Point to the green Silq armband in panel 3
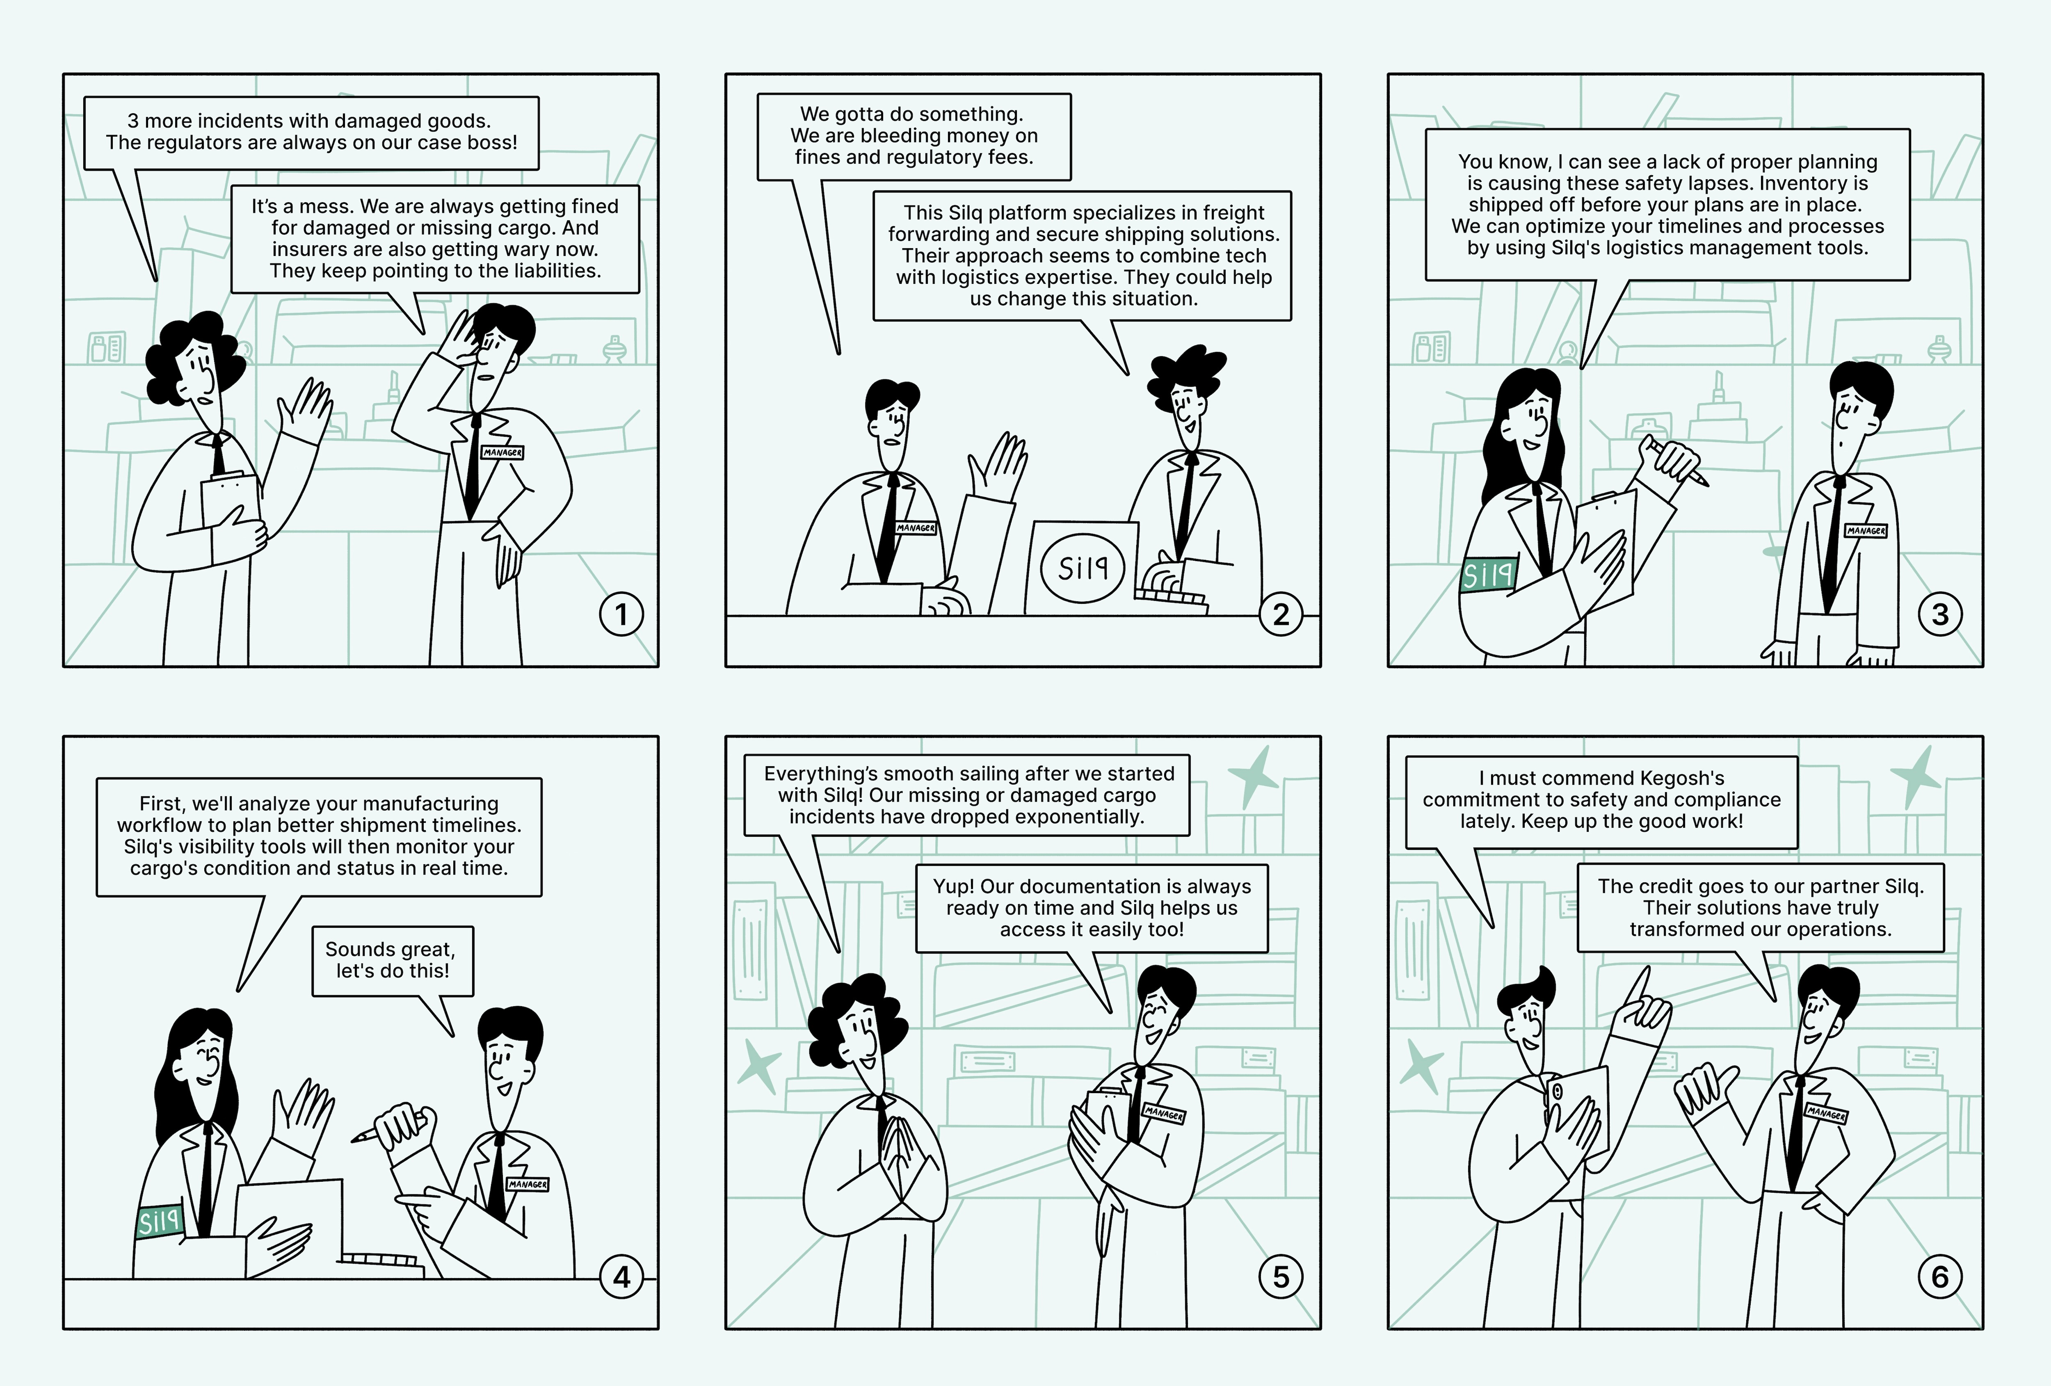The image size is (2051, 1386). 1488,574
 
